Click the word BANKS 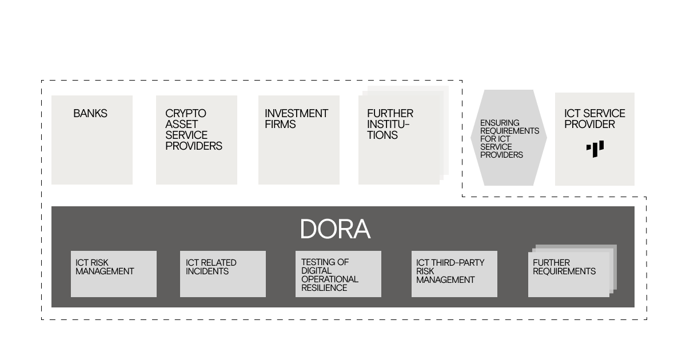tap(90, 114)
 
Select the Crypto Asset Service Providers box tap(196, 140)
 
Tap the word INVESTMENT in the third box tap(296, 114)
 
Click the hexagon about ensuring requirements tap(508, 138)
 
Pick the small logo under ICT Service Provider tap(595, 149)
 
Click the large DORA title tap(335, 229)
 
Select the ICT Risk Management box tap(113, 274)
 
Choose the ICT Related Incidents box tap(222, 274)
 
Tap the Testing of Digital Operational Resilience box tap(338, 274)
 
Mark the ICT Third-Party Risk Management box tap(454, 274)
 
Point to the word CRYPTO tap(186, 114)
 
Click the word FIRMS tap(280, 125)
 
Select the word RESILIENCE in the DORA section tap(324, 288)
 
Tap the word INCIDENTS tap(207, 271)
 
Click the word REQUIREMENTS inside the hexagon tap(509, 131)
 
